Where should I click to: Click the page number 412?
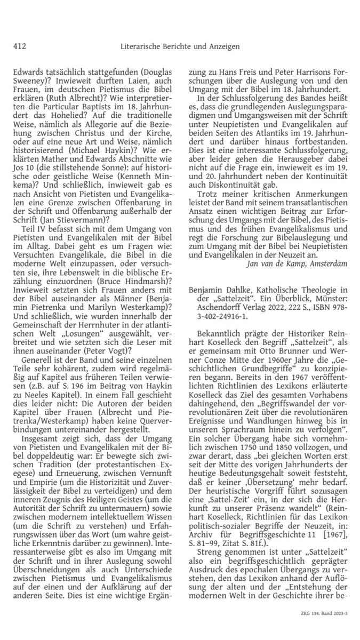pyautogui.click(x=20, y=46)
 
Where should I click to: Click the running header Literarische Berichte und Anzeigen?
pyautogui.click(x=180, y=46)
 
